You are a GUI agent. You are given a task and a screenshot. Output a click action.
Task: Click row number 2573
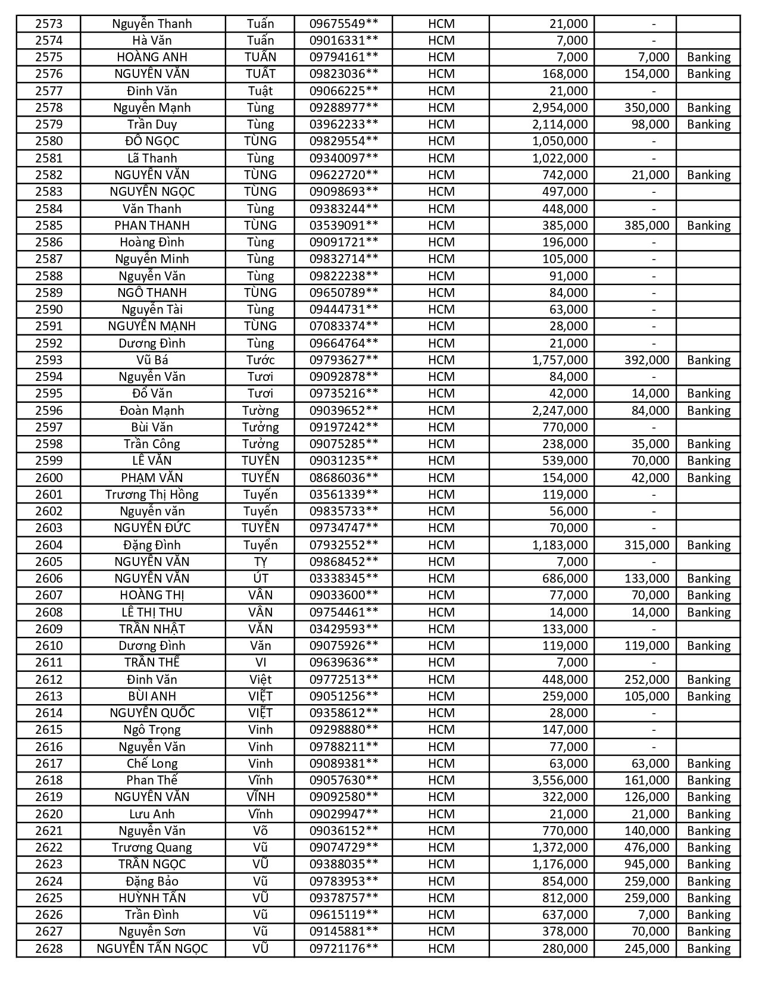(49, 24)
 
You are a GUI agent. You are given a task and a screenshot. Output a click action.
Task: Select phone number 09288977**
(343, 108)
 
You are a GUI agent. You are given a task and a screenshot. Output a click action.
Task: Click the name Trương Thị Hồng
(152, 495)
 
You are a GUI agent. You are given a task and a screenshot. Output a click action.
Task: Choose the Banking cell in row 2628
(708, 949)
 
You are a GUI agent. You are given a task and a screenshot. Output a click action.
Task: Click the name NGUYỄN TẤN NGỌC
(152, 949)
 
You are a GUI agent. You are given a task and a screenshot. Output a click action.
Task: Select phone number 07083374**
(343, 326)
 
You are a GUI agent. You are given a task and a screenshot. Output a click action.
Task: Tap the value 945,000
(646, 864)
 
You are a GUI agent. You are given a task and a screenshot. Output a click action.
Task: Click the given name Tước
(260, 360)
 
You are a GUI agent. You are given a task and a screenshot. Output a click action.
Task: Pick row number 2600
(49, 478)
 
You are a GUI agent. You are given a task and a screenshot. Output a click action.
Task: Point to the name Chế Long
(152, 764)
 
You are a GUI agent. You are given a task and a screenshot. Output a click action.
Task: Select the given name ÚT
(260, 578)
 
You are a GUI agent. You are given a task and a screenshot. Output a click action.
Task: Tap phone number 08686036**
(343, 478)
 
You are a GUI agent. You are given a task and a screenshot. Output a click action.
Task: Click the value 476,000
(646, 847)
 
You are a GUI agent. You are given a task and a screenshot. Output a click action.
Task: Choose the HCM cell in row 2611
(441, 662)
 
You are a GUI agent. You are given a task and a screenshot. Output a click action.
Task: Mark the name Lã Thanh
(152, 158)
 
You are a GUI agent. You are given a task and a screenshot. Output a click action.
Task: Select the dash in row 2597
(654, 427)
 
